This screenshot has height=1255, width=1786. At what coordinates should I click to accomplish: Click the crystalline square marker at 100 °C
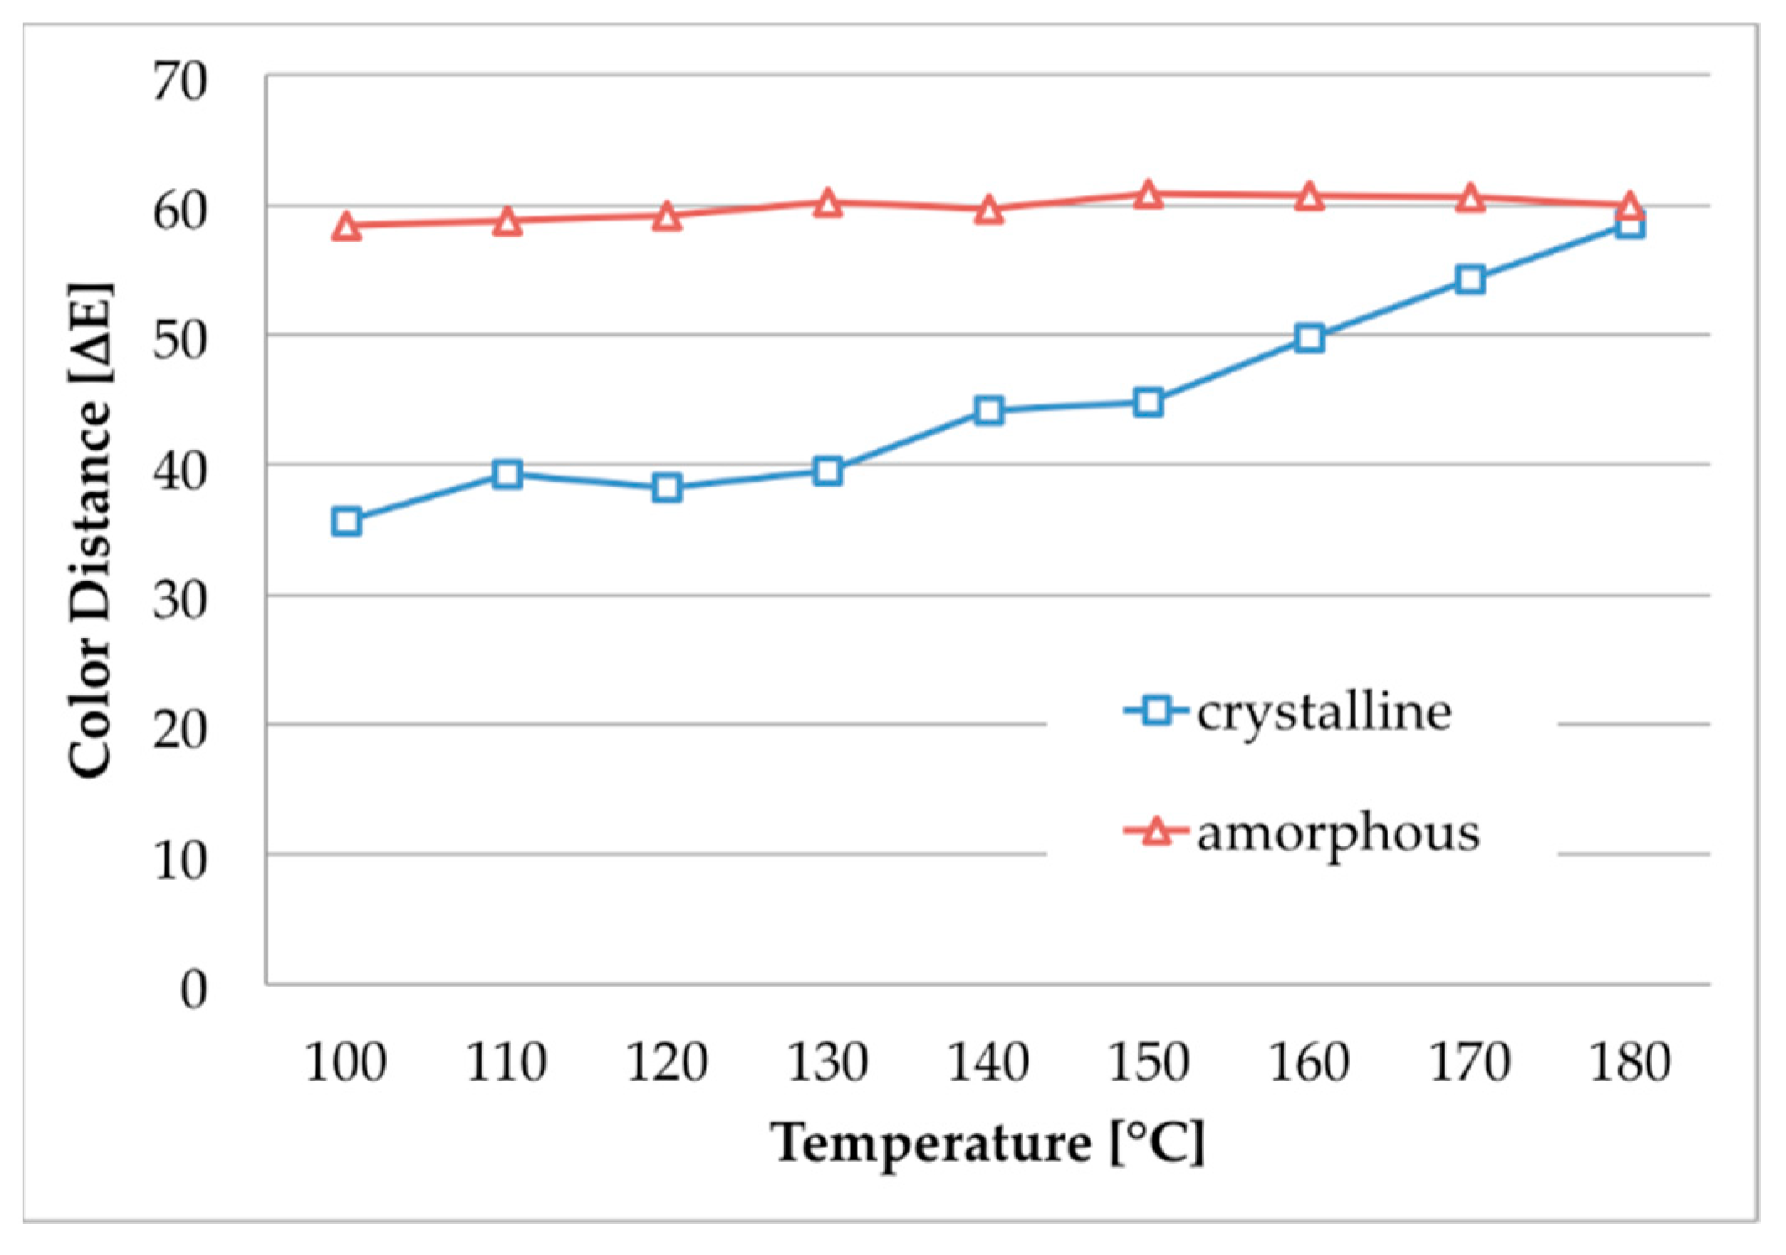pos(346,521)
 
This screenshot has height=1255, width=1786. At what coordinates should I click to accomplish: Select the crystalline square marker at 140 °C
pos(989,410)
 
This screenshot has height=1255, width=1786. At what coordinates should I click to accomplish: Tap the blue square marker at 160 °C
pos(1310,338)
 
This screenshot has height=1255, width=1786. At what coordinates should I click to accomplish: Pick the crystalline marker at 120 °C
pos(667,487)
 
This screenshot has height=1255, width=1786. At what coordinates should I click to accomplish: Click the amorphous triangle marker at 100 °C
pos(346,227)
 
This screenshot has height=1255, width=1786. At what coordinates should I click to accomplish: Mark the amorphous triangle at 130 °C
pos(828,204)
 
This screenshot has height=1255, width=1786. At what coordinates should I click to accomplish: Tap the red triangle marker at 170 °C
pos(1471,199)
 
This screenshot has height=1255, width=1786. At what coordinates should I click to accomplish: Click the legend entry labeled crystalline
pos(1323,712)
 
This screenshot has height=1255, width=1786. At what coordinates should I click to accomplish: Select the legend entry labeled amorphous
pos(1337,832)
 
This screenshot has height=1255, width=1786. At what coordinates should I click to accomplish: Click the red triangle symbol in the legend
pos(1157,831)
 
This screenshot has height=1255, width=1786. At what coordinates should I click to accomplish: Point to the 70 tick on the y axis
pos(180,82)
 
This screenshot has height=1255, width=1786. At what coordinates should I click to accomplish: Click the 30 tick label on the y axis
pos(180,601)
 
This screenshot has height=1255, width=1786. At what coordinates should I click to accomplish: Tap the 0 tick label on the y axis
pos(194,989)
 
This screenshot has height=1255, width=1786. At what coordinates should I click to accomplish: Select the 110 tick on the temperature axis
pos(507,1062)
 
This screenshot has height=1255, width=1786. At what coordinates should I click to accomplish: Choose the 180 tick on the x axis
pos(1630,1062)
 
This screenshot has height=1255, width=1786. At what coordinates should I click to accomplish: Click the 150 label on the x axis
pos(1148,1062)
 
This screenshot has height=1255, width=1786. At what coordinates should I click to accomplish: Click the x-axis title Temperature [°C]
pos(987,1143)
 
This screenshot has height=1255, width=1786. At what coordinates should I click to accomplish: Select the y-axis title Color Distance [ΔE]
pos(90,530)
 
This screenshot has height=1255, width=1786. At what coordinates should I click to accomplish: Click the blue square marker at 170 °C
pos(1471,279)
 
